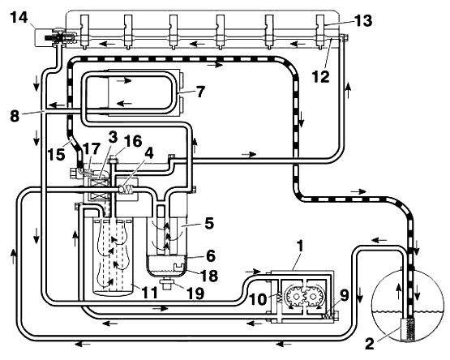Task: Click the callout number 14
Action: (19, 18)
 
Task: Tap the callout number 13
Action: (363, 20)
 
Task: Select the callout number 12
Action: (321, 77)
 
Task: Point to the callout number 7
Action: (200, 92)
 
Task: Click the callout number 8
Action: (15, 116)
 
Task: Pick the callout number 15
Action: (56, 154)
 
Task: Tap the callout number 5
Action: (209, 223)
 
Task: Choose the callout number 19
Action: (195, 294)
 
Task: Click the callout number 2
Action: (370, 344)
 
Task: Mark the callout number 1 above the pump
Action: (300, 246)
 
